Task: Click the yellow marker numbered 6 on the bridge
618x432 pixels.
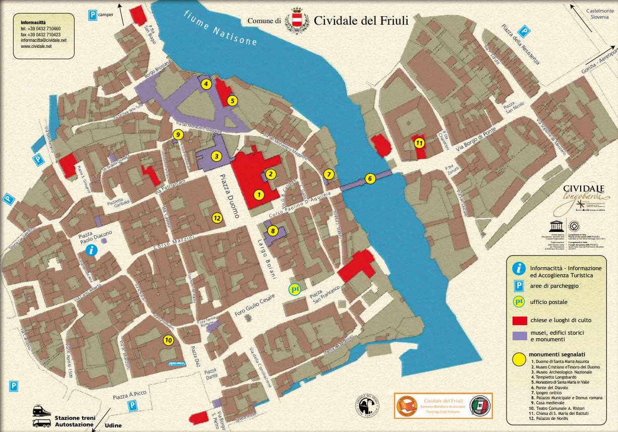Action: point(369,178)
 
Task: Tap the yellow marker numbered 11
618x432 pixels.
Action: point(419,143)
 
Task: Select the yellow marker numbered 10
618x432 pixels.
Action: point(168,340)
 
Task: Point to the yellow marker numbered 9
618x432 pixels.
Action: point(177,135)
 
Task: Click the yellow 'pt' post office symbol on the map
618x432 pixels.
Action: point(295,289)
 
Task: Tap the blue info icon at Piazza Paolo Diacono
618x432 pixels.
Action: point(91,250)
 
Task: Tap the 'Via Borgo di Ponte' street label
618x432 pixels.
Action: point(476,140)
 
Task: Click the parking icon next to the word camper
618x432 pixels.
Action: point(93,15)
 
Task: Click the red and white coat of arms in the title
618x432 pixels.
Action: point(296,21)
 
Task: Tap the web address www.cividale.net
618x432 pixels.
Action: point(36,46)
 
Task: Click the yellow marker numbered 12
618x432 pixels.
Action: point(217,218)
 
